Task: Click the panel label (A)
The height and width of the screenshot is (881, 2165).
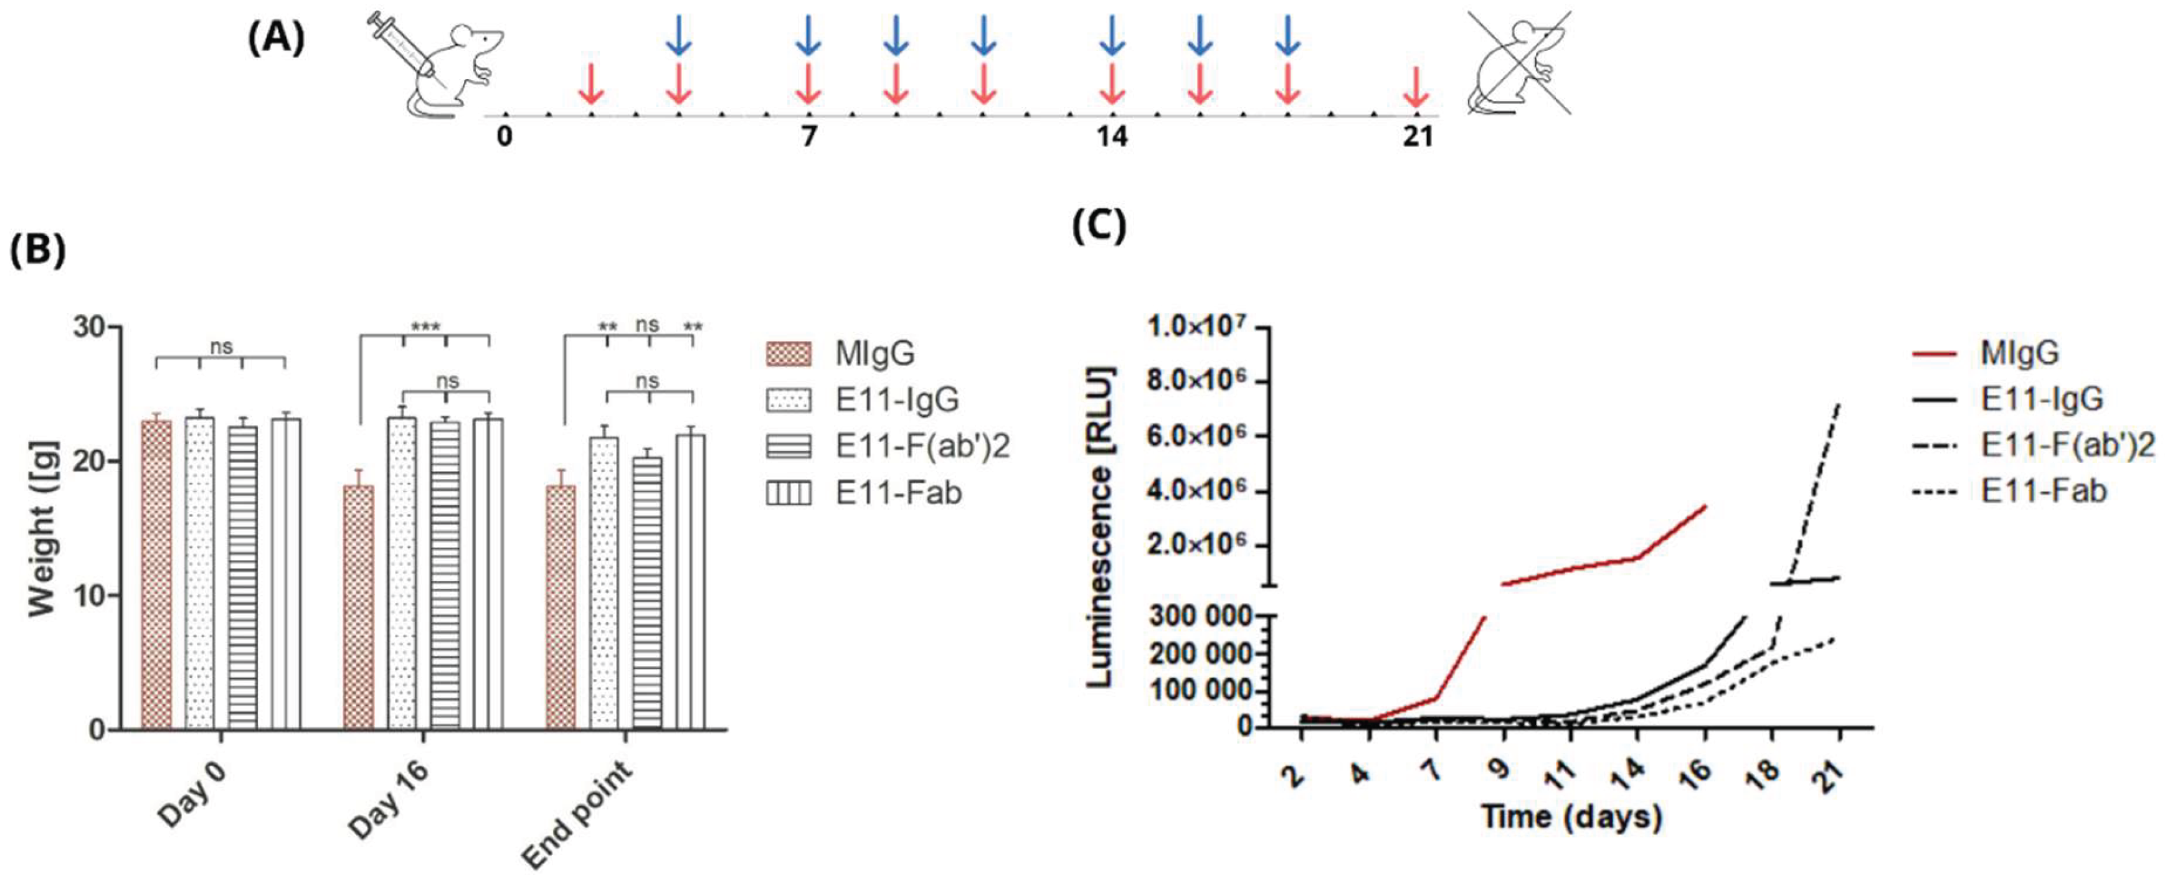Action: point(276,39)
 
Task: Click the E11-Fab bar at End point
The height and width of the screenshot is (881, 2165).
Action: point(691,581)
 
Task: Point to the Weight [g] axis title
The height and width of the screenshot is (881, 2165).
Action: point(42,529)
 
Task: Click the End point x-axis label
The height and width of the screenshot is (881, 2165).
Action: point(578,814)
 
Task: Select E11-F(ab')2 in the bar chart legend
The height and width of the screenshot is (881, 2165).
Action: point(922,446)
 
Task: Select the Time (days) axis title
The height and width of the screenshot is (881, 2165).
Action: point(1571,816)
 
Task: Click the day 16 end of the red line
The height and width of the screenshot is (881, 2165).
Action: point(1705,506)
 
